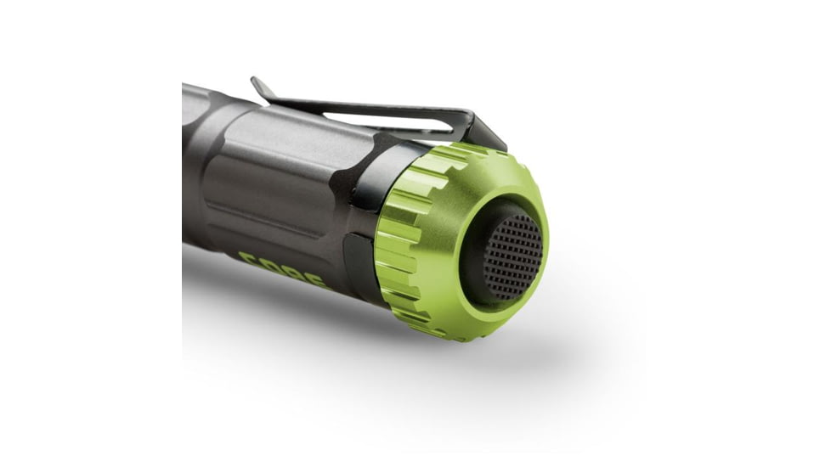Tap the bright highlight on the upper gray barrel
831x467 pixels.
click(289, 127)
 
